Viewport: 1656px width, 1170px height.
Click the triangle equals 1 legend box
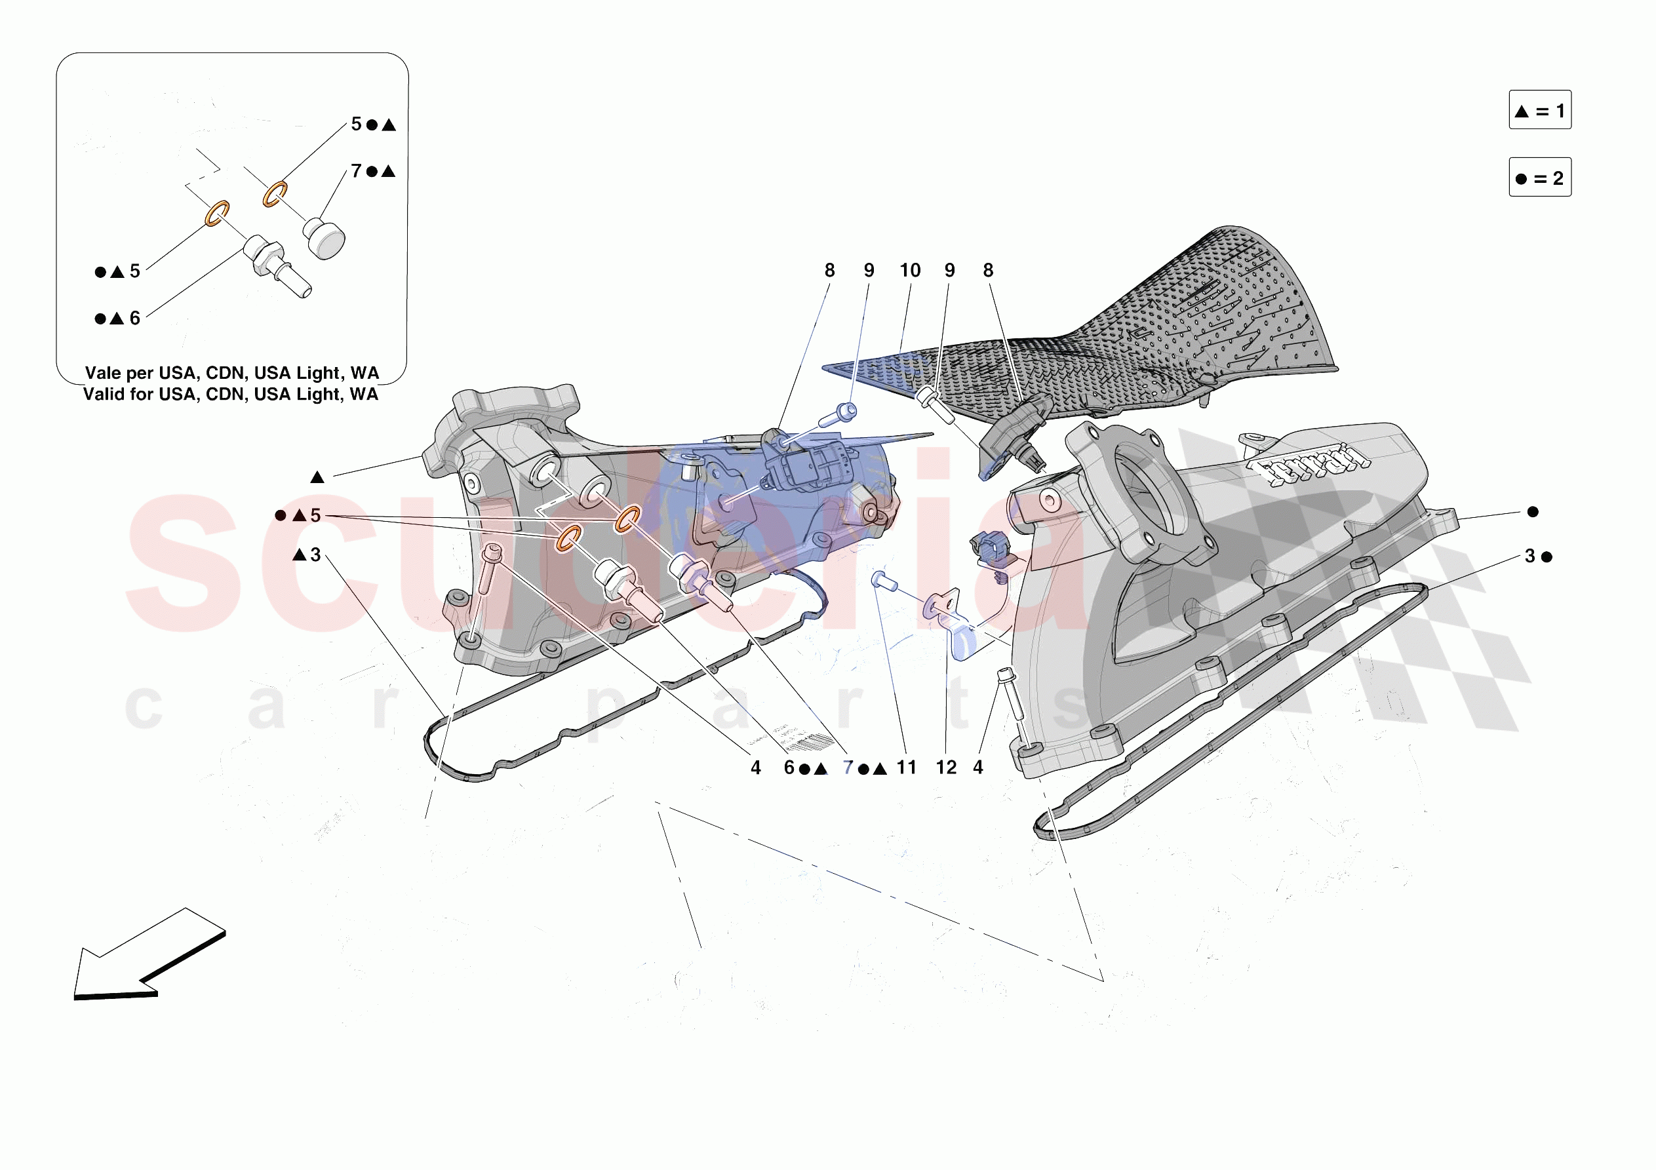coord(1539,110)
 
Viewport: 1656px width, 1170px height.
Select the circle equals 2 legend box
coord(1539,178)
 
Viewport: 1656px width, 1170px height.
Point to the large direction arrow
coord(148,956)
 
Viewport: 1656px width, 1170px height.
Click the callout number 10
coord(909,271)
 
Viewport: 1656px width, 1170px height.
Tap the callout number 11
coord(907,768)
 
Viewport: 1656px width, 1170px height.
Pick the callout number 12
coord(946,768)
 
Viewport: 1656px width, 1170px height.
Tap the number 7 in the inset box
coord(356,171)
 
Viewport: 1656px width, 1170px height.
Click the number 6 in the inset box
coord(135,318)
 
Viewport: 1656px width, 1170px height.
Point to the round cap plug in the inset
coord(324,238)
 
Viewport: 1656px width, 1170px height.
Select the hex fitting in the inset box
coord(264,256)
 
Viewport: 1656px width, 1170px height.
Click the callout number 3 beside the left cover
coord(315,555)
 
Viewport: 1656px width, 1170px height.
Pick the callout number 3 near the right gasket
coord(1529,556)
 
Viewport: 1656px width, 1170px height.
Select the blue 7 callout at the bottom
coord(848,768)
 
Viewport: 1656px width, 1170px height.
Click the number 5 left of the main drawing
coord(315,516)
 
